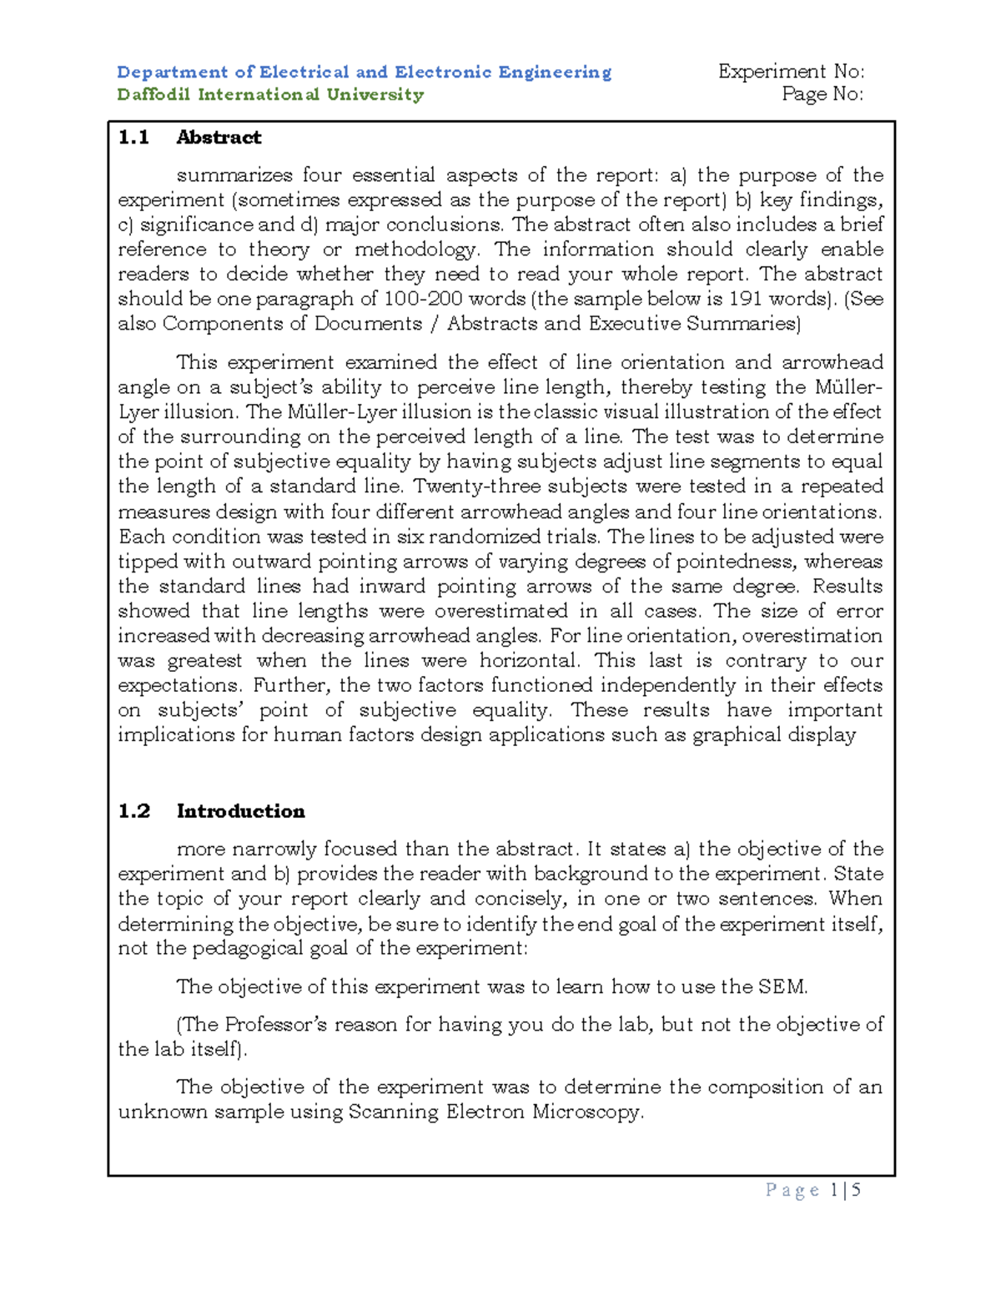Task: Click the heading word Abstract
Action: click(219, 138)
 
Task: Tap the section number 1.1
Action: click(133, 138)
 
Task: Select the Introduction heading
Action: click(240, 811)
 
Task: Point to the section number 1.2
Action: click(133, 811)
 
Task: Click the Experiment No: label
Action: click(791, 72)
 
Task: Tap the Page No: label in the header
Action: click(822, 94)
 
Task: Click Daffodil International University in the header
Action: click(270, 94)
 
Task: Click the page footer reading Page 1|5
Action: click(812, 1191)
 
